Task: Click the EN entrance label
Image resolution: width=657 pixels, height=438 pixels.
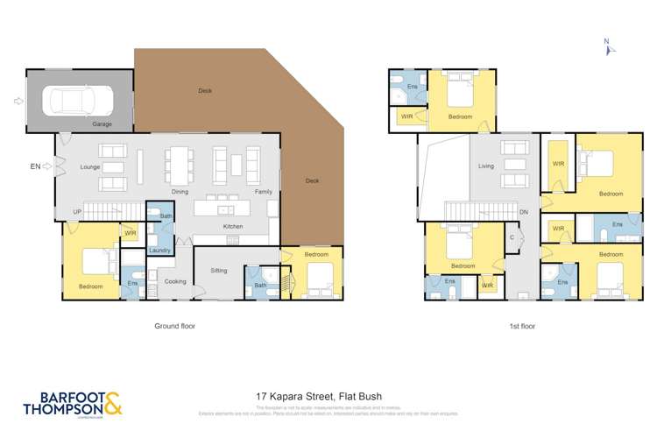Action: (x=35, y=165)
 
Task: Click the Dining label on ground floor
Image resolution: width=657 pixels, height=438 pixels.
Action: (x=180, y=191)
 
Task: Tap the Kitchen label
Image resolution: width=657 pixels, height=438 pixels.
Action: (x=232, y=227)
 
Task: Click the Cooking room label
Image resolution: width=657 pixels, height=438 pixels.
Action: (x=175, y=281)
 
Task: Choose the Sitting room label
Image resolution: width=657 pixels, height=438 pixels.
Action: (x=219, y=271)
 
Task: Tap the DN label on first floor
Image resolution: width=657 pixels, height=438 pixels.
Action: (x=523, y=213)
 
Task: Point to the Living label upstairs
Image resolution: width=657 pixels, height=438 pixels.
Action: (x=486, y=165)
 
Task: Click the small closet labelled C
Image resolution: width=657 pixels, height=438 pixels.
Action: (x=511, y=237)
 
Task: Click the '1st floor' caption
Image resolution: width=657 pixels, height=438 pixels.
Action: (x=521, y=326)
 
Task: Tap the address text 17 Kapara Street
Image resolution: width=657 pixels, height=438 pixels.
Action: (x=319, y=396)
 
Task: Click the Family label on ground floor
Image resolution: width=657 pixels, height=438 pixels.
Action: (x=263, y=191)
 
